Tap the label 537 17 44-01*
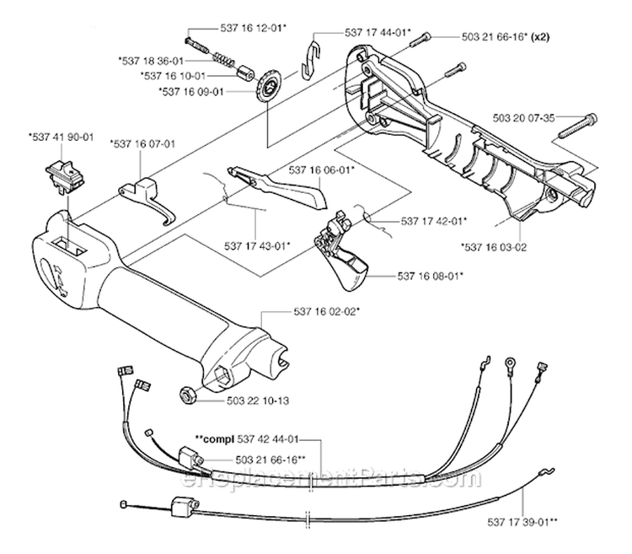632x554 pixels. [377, 32]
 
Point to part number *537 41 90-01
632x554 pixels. [60, 135]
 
